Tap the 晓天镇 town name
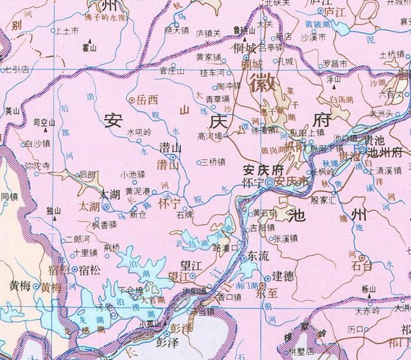point(177,30)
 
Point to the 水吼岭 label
point(140,133)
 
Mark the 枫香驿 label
point(105,225)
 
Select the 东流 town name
point(259,255)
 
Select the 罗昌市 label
point(335,64)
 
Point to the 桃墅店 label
point(301,351)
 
